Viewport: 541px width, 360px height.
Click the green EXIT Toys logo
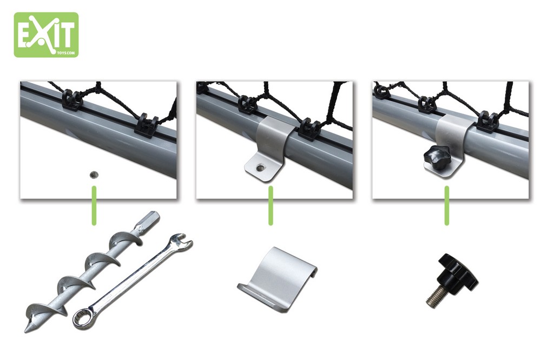(46, 35)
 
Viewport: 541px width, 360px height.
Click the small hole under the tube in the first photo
(93, 175)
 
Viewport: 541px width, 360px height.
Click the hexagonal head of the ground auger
(149, 219)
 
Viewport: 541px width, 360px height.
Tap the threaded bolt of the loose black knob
(437, 297)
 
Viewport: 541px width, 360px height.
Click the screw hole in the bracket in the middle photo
(260, 168)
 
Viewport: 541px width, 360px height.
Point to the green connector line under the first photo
(94, 205)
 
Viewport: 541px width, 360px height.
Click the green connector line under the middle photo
(270, 205)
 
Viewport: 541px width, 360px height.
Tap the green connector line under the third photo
(447, 205)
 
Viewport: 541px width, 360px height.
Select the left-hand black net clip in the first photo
(72, 100)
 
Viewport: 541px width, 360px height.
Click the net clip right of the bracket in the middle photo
(308, 130)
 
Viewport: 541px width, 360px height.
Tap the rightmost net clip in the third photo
(487, 122)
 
